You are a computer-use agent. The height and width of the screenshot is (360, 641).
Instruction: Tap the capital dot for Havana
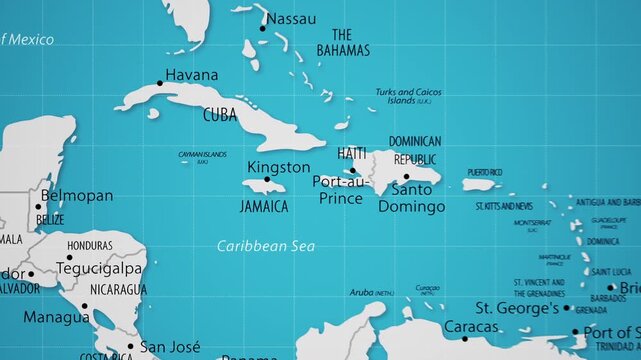pyautogui.click(x=159, y=83)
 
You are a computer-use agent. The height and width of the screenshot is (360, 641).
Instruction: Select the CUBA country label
pyautogui.click(x=220, y=115)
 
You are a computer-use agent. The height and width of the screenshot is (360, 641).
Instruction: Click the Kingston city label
pyautogui.click(x=278, y=167)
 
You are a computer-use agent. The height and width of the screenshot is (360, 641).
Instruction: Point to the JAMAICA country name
pyautogui.click(x=264, y=206)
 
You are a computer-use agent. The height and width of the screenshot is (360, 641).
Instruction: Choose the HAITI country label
pyautogui.click(x=352, y=153)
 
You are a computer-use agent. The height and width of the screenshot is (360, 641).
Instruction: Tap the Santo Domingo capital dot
pyautogui.click(x=405, y=176)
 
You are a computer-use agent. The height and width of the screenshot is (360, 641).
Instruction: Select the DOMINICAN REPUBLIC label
pyautogui.click(x=414, y=150)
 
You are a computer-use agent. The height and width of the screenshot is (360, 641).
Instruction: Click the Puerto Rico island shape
pyautogui.click(x=479, y=184)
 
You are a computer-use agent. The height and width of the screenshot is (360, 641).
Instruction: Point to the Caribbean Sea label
pyautogui.click(x=266, y=245)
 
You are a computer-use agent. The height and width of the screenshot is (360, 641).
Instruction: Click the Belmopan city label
pyautogui.click(x=79, y=196)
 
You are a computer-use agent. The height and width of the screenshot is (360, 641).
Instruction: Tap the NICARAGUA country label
pyautogui.click(x=118, y=290)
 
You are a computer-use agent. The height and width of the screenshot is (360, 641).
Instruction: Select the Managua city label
pyautogui.click(x=56, y=317)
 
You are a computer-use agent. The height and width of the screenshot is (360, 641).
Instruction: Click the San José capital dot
pyautogui.click(x=129, y=348)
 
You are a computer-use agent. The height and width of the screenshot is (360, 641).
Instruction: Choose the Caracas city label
pyautogui.click(x=470, y=326)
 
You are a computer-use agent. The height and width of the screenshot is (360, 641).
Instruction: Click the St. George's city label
pyautogui.click(x=517, y=307)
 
